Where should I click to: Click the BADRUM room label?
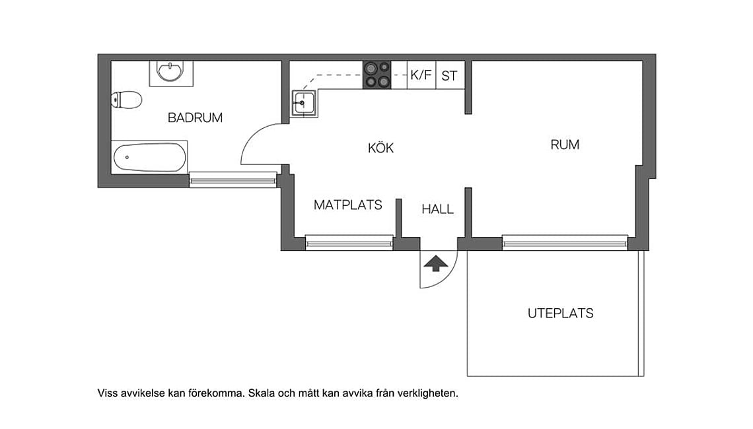(x=195, y=118)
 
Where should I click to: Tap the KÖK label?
(x=380, y=148)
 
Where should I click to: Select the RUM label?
(x=565, y=145)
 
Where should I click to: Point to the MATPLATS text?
(x=347, y=205)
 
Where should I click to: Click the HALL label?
(x=438, y=209)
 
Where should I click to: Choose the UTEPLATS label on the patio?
(x=560, y=313)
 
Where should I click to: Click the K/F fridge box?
(x=421, y=75)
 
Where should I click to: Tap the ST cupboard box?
(x=449, y=76)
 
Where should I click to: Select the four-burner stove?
(x=377, y=75)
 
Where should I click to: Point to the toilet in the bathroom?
(x=127, y=100)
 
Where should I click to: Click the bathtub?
(x=149, y=158)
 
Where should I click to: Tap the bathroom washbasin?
(x=172, y=71)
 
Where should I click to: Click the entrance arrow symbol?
(x=435, y=263)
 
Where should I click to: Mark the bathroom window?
(x=233, y=179)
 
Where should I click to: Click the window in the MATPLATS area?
(x=349, y=243)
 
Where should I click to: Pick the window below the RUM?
(x=565, y=242)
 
